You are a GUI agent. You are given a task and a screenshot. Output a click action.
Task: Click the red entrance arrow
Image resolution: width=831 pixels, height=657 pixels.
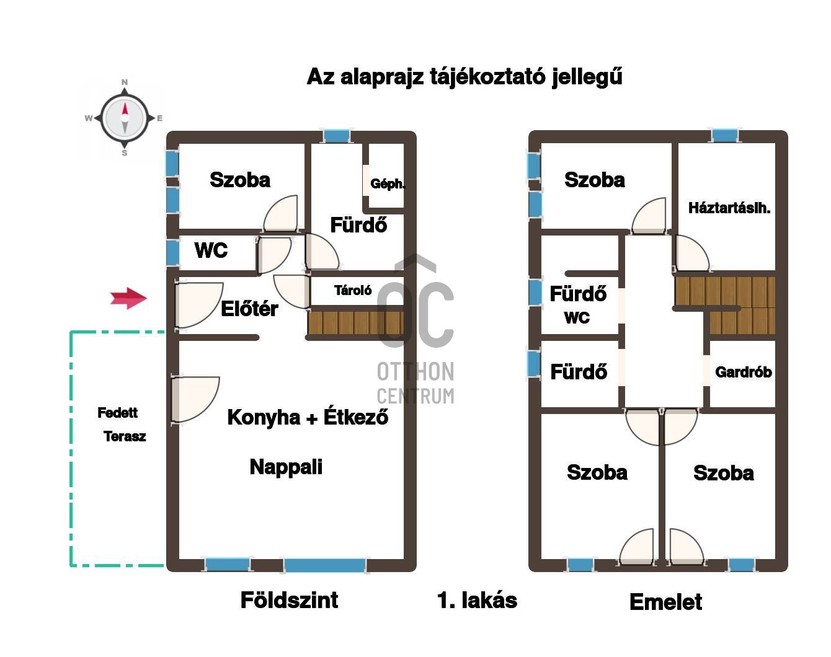pos(128,298)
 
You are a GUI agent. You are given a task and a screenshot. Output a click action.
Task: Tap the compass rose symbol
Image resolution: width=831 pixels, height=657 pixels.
pos(125,117)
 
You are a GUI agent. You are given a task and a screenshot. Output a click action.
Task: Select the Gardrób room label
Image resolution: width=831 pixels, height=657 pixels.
pos(744,372)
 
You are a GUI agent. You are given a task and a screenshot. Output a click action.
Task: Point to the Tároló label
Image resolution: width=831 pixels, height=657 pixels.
pos(353,290)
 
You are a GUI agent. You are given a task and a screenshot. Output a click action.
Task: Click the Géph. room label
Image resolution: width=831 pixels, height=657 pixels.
pos(388,183)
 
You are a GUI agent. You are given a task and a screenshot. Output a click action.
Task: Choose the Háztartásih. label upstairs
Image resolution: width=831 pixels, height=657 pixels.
pos(729,208)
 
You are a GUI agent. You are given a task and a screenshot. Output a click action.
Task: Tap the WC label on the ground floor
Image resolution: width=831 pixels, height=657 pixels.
pos(211,250)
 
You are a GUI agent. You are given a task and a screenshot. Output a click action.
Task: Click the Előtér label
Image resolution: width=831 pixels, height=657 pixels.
pos(249,309)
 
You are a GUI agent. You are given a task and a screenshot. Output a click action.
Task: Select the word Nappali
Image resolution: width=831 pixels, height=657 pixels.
pos(286,467)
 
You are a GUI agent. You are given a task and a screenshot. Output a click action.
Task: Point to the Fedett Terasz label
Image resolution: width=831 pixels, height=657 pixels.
pos(122,425)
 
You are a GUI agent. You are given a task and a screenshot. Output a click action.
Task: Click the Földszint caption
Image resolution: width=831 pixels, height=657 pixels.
pos(289,600)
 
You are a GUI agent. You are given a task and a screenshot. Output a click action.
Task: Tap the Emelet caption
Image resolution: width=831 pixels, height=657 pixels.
pos(665,602)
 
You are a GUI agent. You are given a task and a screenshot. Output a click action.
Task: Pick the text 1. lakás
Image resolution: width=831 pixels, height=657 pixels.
pos(478,601)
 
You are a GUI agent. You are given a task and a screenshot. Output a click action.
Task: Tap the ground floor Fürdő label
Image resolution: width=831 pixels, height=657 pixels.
pos(358,225)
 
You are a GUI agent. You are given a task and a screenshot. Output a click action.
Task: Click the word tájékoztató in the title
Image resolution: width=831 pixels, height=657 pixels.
pos(488,77)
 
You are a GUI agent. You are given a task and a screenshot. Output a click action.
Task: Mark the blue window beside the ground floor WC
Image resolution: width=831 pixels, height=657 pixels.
pos(173,252)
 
